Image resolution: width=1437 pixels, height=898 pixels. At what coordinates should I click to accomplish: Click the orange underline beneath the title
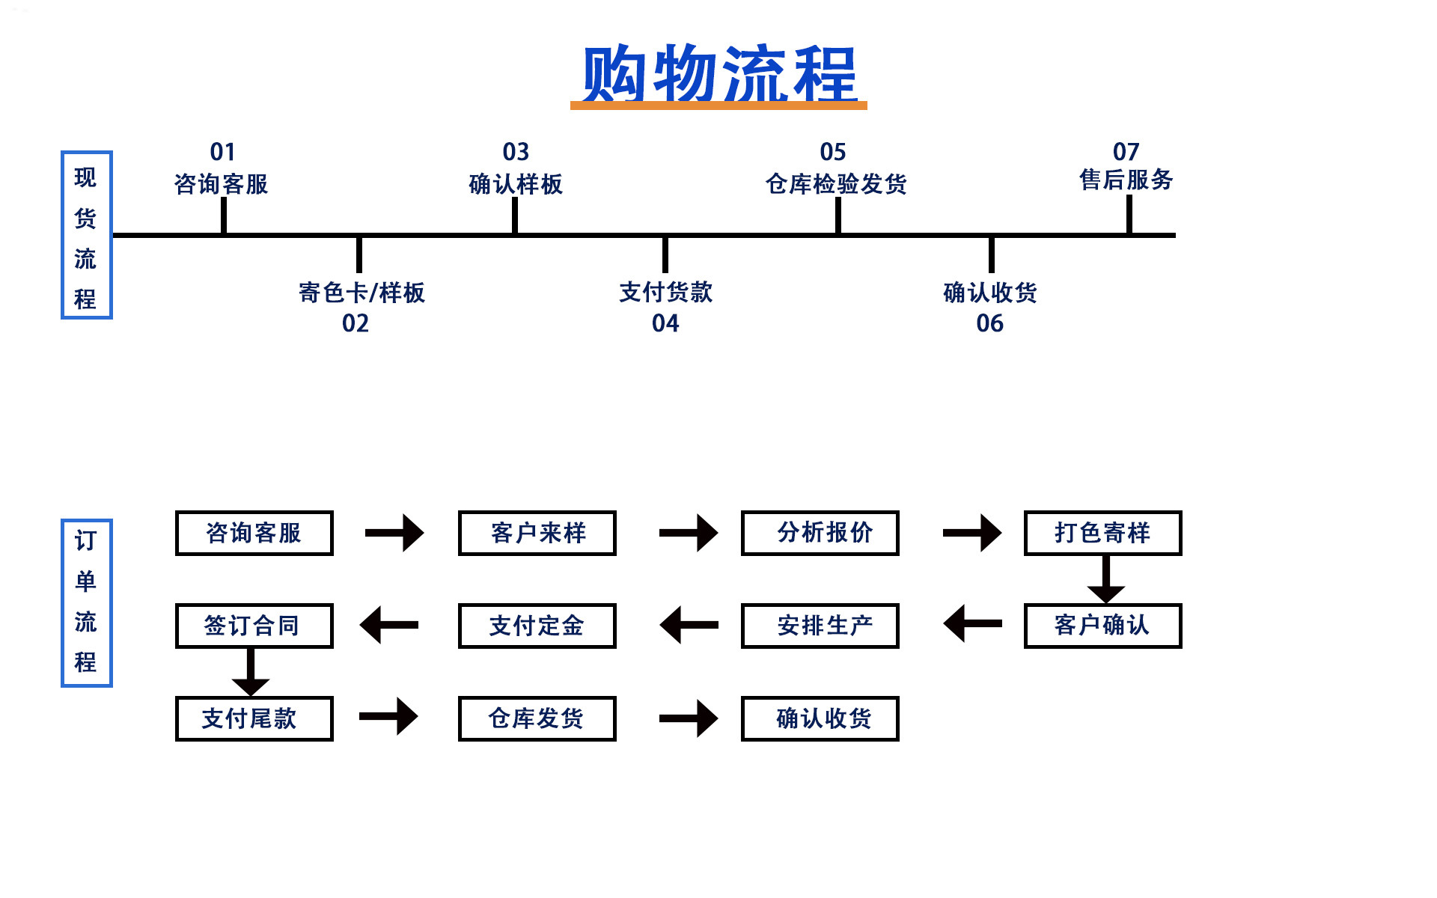click(x=718, y=106)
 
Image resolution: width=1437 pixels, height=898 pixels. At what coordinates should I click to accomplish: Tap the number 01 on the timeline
click(x=222, y=152)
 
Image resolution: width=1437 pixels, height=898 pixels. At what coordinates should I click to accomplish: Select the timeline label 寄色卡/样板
click(x=361, y=292)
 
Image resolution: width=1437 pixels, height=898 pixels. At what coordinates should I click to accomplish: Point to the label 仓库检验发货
click(x=836, y=183)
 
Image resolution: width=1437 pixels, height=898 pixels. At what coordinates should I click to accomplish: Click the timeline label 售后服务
click(x=1126, y=180)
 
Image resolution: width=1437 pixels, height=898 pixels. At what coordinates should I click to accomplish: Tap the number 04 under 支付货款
click(x=665, y=323)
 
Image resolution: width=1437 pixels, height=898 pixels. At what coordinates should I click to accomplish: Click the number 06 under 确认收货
click(x=989, y=323)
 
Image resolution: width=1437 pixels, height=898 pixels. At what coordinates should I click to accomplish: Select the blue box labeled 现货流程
click(x=86, y=235)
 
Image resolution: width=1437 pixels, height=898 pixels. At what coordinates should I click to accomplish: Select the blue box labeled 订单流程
click(x=86, y=602)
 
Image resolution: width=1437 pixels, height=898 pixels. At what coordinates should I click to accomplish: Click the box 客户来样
click(x=537, y=533)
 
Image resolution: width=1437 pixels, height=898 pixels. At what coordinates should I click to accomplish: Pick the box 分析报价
click(x=820, y=533)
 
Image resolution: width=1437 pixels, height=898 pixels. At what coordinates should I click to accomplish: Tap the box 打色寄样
click(x=1102, y=533)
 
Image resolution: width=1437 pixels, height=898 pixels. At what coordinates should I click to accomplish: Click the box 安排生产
click(x=820, y=626)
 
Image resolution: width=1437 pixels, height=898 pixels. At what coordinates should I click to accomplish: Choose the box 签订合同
click(x=254, y=626)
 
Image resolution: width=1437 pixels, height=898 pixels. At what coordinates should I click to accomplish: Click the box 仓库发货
click(x=537, y=718)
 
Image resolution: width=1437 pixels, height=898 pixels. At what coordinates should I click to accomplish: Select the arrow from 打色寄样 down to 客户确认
click(x=1105, y=580)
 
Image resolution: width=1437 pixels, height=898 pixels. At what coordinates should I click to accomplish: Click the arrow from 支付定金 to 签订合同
click(x=389, y=625)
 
